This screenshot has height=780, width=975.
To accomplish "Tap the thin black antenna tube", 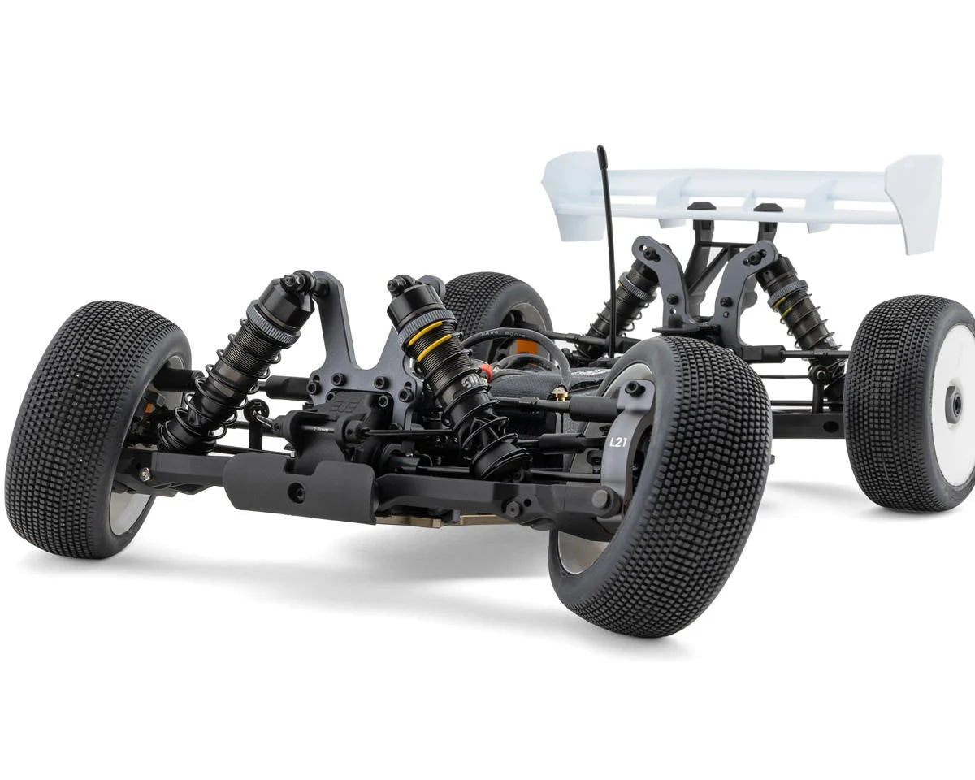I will coord(608,244).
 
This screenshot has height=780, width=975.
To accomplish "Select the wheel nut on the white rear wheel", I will coord(953,404).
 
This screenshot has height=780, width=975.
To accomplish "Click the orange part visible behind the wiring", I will coord(526,347).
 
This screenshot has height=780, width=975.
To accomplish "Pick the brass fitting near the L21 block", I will coord(559,394).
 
